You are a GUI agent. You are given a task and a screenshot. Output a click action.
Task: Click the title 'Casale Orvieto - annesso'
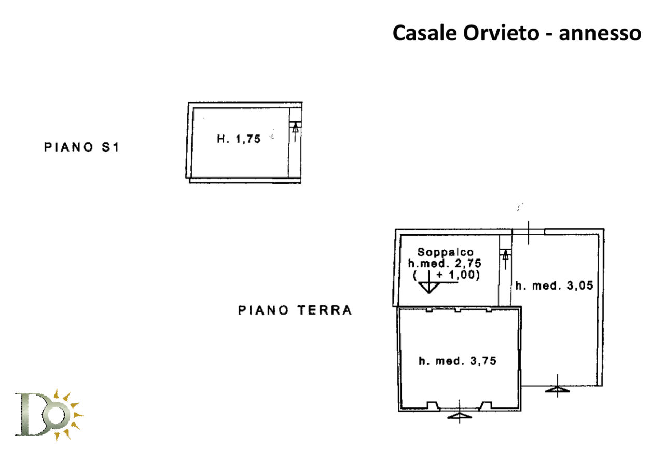pyautogui.click(x=517, y=33)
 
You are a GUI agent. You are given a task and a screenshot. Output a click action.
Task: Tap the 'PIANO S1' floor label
pyautogui.click(x=81, y=147)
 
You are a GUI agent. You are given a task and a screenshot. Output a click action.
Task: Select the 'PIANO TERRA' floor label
pyautogui.click(x=295, y=310)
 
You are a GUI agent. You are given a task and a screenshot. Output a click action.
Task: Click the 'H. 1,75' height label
pyautogui.click(x=238, y=139)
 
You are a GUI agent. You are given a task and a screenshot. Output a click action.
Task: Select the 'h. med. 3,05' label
pyautogui.click(x=554, y=285)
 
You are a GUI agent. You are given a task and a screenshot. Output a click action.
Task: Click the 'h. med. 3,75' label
pyautogui.click(x=457, y=361)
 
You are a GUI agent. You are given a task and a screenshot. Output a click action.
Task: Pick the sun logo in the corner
pyautogui.click(x=49, y=414)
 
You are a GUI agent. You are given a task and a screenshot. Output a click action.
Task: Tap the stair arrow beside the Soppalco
pyautogui.click(x=505, y=258)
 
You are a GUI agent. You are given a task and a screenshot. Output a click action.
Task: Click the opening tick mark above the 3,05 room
pyautogui.click(x=528, y=232)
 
